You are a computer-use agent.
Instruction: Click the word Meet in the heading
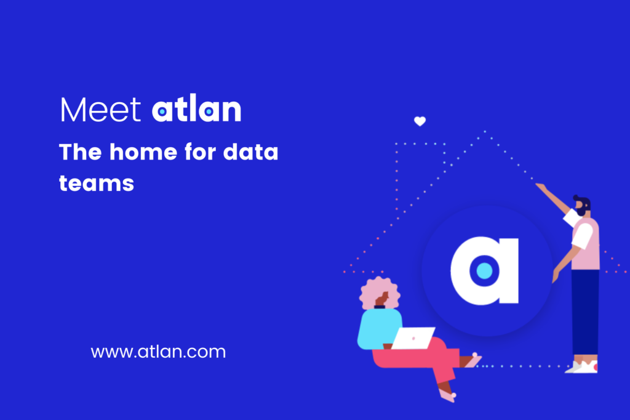[100, 110]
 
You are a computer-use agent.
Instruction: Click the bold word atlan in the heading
[196, 110]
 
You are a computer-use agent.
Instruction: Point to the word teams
[97, 182]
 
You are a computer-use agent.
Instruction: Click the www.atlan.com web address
[158, 352]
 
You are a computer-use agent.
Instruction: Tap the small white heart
[420, 121]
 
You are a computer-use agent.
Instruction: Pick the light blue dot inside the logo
[484, 270]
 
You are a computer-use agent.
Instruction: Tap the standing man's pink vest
[586, 243]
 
